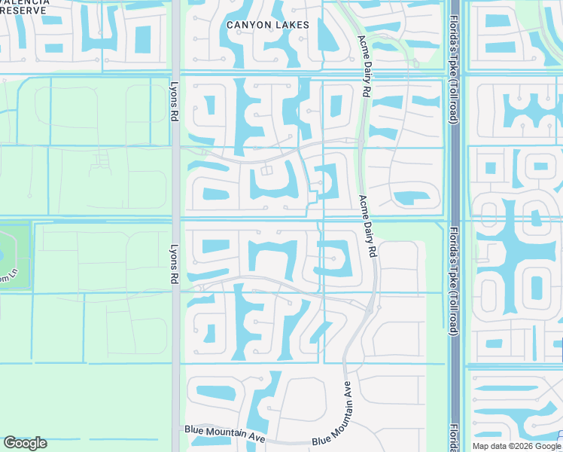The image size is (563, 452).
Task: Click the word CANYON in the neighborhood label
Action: [x=248, y=25]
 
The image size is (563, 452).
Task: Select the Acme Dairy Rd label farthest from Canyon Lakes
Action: [x=367, y=227]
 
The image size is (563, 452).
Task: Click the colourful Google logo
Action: [x=25, y=443]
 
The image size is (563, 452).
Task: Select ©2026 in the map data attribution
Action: [x=519, y=446]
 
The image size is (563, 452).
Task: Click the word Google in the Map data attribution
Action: [x=547, y=446]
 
